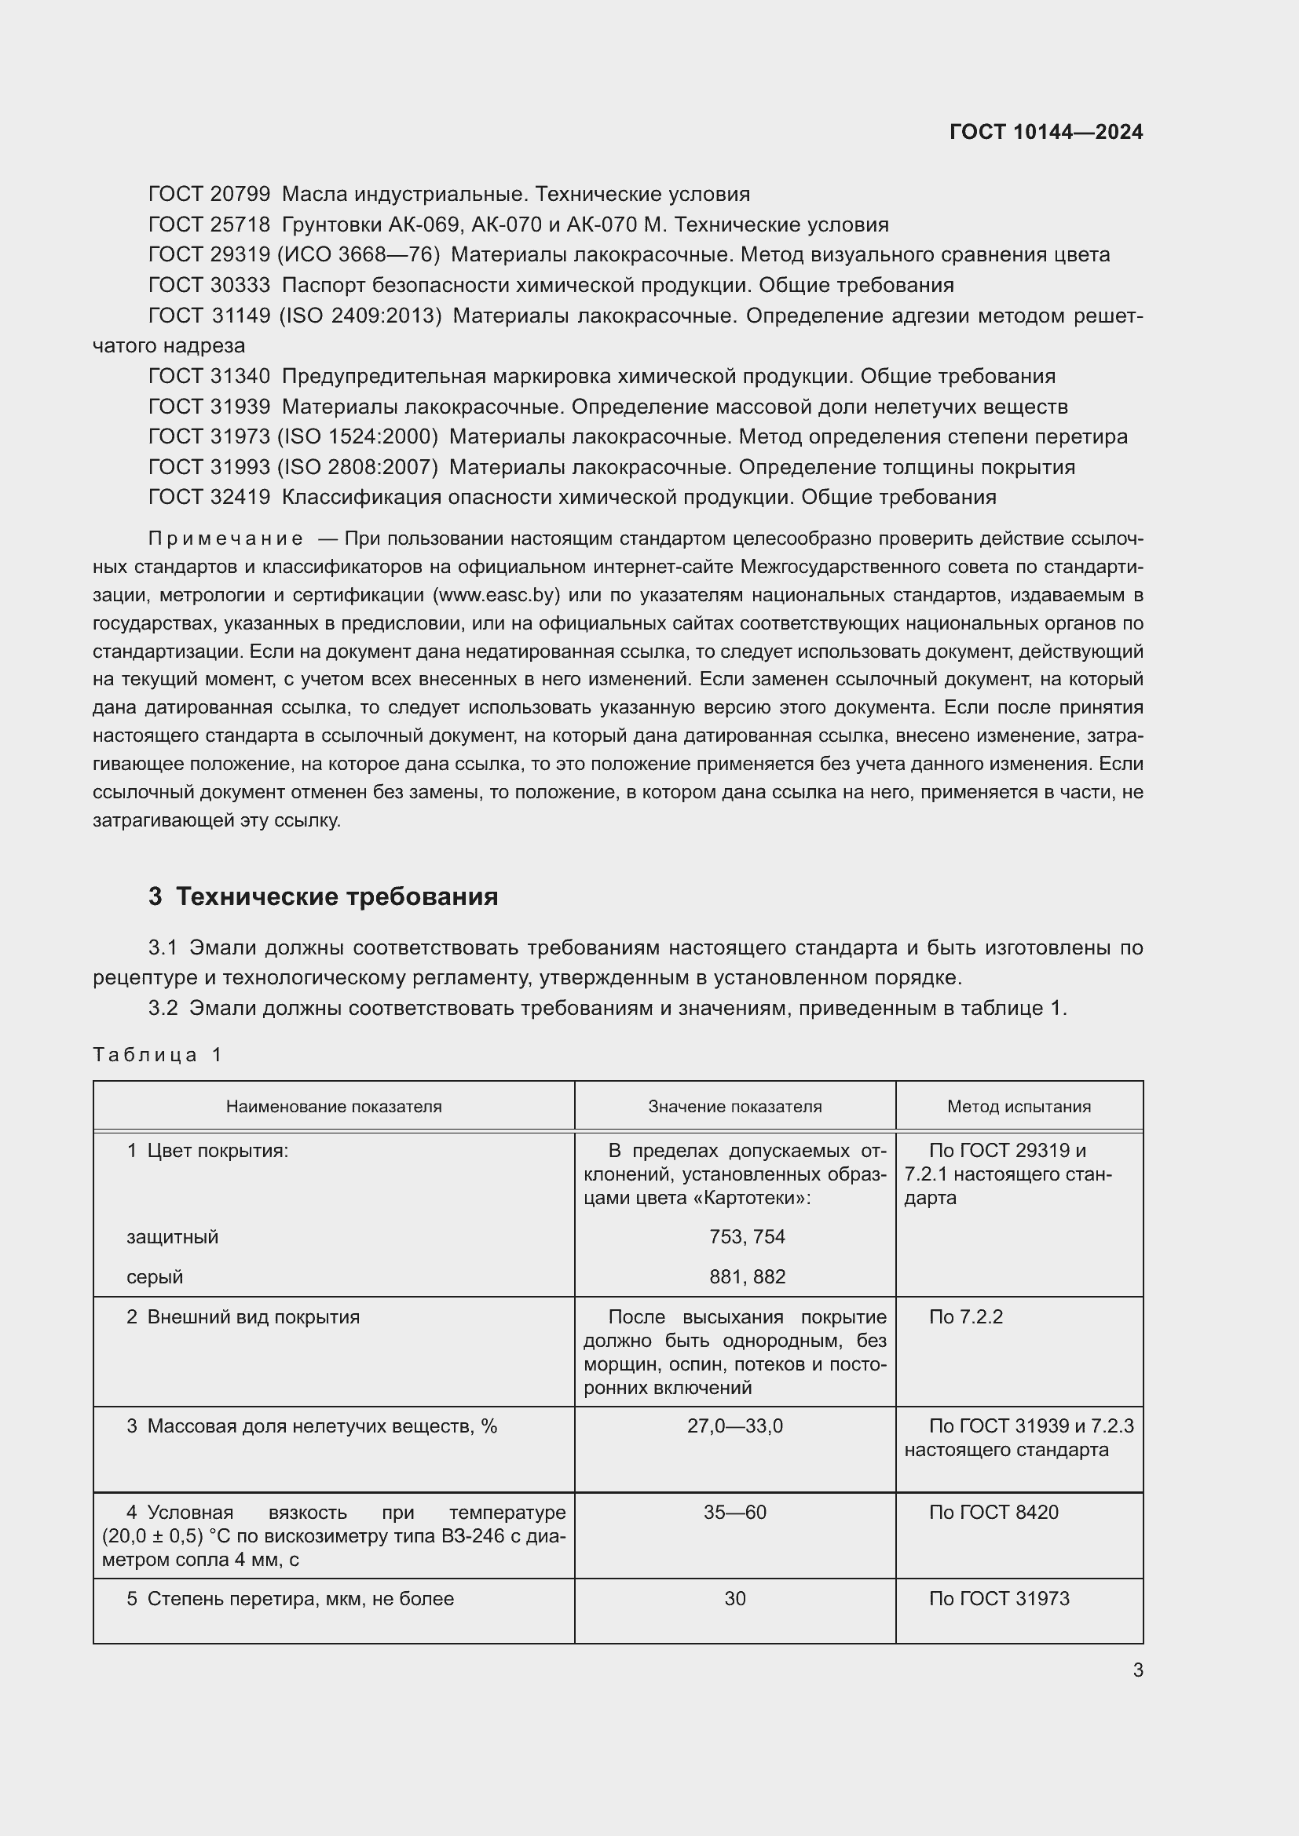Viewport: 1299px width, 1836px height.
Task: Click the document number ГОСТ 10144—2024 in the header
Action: (1045, 132)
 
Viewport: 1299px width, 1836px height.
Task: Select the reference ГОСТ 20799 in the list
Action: (210, 195)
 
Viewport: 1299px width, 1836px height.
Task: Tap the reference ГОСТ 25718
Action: (210, 224)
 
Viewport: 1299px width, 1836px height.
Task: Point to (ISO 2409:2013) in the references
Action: (360, 316)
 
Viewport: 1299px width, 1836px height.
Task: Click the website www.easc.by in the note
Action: (496, 595)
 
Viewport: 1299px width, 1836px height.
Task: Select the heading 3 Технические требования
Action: (323, 896)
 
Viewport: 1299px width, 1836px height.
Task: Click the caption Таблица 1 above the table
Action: (157, 1055)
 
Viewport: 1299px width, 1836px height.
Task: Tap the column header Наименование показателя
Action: (334, 1107)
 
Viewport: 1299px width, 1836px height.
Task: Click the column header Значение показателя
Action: (734, 1107)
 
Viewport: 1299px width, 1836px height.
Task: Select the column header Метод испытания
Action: (1019, 1107)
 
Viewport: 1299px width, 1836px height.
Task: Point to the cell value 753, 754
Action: (747, 1237)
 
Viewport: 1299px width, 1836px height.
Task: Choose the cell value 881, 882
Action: (747, 1277)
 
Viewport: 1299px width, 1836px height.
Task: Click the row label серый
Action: (155, 1277)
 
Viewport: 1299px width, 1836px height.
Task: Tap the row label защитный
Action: (172, 1237)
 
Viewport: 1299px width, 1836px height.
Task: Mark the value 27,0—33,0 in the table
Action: (734, 1426)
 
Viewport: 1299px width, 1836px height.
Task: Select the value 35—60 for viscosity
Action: (734, 1513)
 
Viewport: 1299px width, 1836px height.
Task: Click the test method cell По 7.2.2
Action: (965, 1317)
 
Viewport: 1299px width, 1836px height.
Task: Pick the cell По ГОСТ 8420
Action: (993, 1513)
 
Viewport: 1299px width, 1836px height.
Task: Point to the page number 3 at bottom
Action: (1137, 1670)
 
